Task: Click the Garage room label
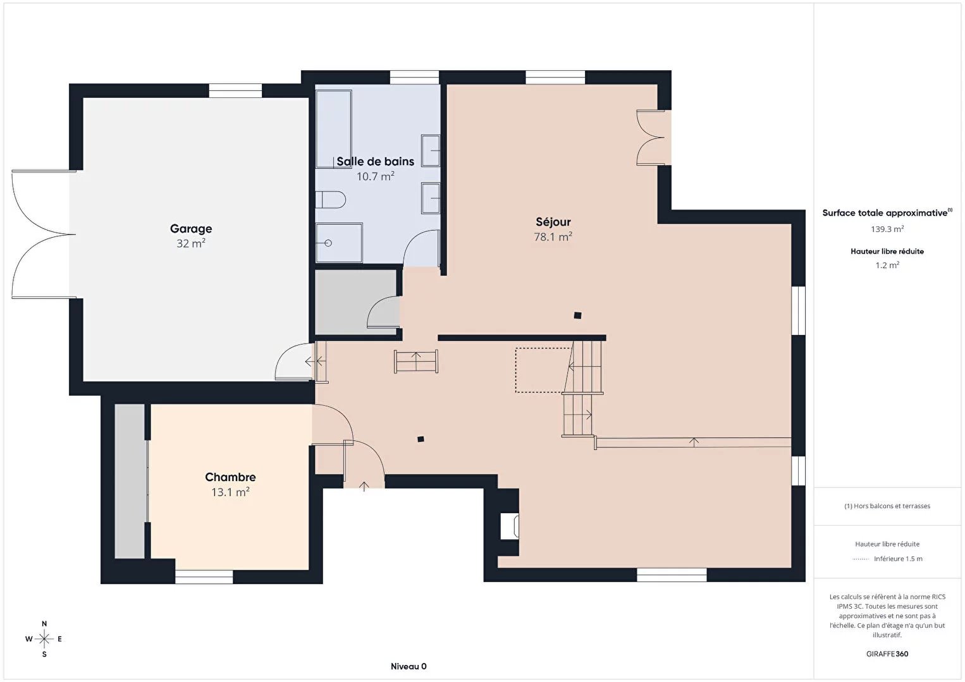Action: pos(191,229)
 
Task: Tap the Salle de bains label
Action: pos(375,161)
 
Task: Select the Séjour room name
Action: pos(553,222)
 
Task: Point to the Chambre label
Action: pos(230,477)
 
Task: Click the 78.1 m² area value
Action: pos(553,237)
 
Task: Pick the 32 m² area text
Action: pos(191,243)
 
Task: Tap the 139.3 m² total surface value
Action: pos(887,229)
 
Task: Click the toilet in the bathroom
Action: pos(331,200)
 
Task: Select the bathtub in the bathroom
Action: pos(334,129)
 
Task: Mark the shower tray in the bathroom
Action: pos(339,243)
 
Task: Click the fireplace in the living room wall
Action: pos(509,526)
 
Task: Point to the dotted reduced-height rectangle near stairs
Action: pos(544,370)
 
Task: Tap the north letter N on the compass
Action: pos(44,624)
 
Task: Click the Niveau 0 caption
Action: pos(409,666)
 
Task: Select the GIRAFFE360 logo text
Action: pos(887,654)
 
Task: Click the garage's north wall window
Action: pos(235,90)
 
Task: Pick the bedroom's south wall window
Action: pos(204,577)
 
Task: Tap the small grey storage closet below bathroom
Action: pos(356,302)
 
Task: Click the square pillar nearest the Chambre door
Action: pos(421,439)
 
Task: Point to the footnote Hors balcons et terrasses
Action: pos(887,506)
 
